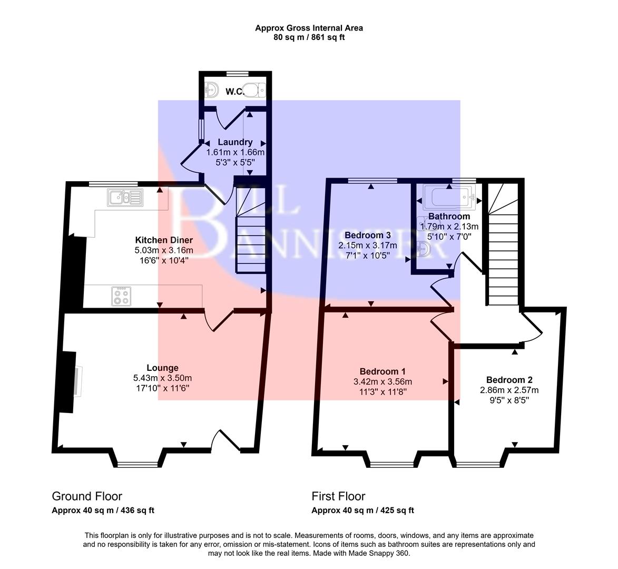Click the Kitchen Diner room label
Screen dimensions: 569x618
[164, 240]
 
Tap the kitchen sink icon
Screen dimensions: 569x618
[125, 198]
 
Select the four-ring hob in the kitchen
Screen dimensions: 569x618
[121, 295]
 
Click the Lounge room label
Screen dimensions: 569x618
[162, 368]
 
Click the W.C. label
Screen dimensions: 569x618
[234, 92]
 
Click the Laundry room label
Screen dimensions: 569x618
[235, 142]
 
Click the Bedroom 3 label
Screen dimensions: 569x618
[367, 235]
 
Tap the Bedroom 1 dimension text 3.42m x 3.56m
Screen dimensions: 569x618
[382, 382]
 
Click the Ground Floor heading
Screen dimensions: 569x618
[87, 496]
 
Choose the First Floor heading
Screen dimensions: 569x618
[338, 496]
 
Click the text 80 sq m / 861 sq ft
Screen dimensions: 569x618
[309, 37]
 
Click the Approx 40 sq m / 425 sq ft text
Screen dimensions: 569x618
[362, 510]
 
